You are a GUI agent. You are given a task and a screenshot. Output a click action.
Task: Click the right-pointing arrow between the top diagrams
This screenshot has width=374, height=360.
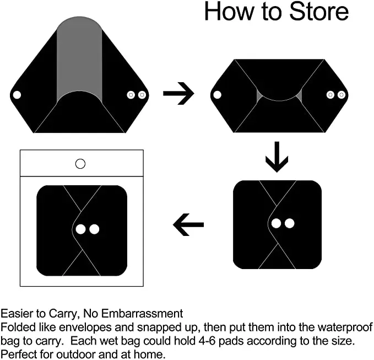[x=178, y=94]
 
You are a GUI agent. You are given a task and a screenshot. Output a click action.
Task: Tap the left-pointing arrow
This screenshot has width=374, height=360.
[x=188, y=224]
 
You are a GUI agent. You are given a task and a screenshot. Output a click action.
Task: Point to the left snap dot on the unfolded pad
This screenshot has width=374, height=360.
[x=17, y=95]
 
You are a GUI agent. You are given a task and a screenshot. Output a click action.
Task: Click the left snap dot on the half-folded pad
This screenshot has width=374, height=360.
[x=217, y=95]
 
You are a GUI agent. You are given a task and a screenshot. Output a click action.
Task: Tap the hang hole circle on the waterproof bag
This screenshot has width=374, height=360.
[x=80, y=163]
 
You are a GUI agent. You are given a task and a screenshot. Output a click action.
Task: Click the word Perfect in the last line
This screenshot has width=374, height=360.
[x=18, y=354]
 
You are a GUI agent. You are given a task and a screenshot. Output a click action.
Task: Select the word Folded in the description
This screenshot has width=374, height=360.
[x=17, y=327]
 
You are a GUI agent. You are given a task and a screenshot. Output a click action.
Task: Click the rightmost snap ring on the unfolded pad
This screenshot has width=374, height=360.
[x=142, y=95]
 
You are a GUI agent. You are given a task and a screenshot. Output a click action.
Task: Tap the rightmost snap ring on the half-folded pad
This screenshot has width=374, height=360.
[x=342, y=95]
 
